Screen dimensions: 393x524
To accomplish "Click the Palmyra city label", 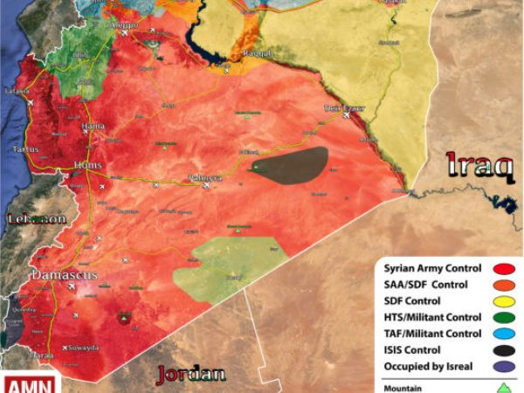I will click(x=205, y=178).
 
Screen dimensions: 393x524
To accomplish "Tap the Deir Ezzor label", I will click(x=343, y=109).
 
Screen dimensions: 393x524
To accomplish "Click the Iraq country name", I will click(x=479, y=165).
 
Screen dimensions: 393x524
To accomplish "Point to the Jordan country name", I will click(x=190, y=375).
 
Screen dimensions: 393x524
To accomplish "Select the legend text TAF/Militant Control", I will click(x=432, y=334).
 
